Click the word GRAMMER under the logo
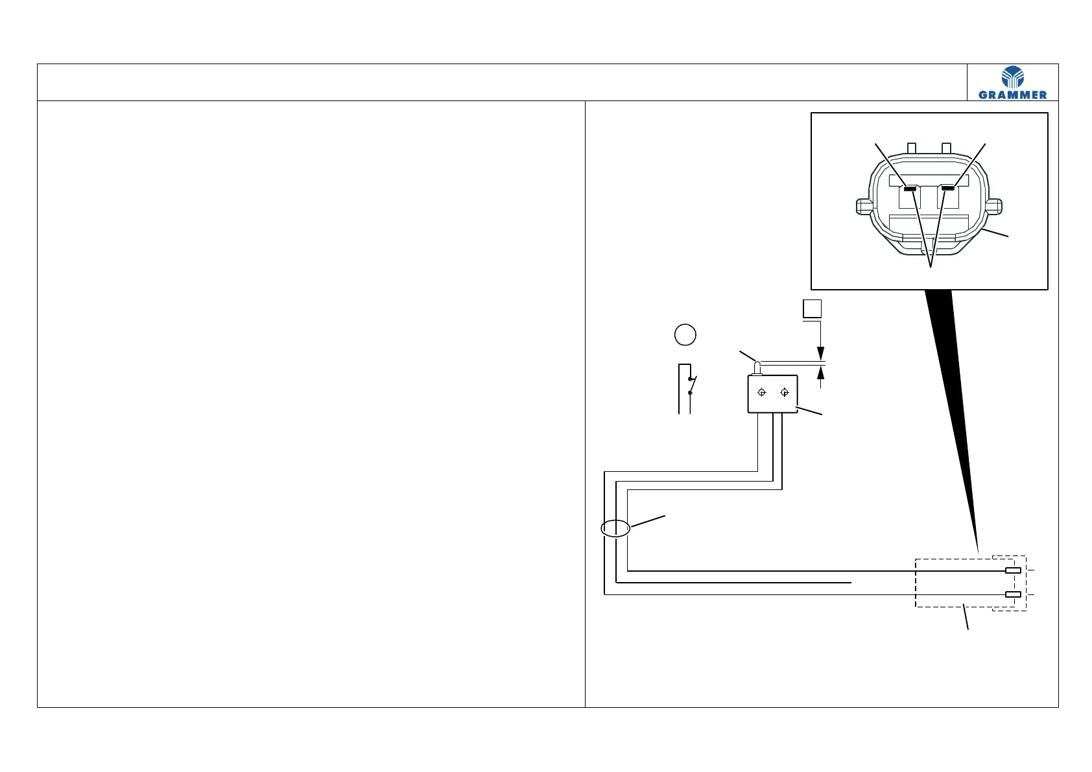tap(1012, 95)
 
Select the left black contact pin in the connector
tap(910, 189)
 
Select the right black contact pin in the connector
tap(949, 188)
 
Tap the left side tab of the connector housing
tap(862, 206)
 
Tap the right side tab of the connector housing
tap(995, 206)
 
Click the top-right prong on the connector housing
tap(946, 148)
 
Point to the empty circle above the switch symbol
tap(685, 334)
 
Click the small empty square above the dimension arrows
tap(813, 309)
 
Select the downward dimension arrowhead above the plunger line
tap(821, 354)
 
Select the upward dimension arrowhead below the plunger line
tap(821, 373)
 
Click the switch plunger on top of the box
tap(757, 369)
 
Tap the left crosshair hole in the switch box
tap(763, 392)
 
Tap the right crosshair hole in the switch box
tap(785, 392)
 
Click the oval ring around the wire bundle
tap(615, 529)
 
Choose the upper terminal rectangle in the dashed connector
tap(1013, 570)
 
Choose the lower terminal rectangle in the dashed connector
tap(1013, 594)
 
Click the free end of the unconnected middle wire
tap(850, 583)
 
